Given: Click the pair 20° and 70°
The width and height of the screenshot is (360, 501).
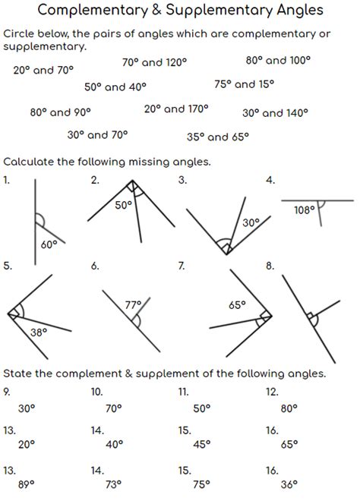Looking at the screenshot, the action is (43, 70).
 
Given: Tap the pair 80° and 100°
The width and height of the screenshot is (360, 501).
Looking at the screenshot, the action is (279, 60).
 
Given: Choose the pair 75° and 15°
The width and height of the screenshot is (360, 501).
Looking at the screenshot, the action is (245, 84).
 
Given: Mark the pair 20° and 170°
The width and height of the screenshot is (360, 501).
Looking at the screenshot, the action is (176, 109).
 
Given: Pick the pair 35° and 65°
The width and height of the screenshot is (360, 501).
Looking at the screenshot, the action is (218, 137).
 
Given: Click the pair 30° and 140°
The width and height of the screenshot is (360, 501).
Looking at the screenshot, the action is (275, 113).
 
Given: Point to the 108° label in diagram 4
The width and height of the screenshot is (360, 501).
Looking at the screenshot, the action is (305, 210).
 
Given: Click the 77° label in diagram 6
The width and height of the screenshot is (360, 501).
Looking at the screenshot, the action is (134, 304).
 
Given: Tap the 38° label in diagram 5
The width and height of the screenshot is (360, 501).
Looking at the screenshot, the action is (39, 332).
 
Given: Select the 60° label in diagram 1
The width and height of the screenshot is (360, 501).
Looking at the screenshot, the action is (49, 244).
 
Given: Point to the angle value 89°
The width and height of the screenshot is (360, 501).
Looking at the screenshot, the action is (27, 484).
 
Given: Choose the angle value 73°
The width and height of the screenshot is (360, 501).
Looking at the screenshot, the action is (114, 484).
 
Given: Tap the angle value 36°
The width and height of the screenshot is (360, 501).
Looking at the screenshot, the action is (289, 484).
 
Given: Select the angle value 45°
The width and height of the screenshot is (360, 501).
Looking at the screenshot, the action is (201, 446).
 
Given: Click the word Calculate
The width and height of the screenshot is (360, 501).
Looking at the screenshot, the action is (31, 162).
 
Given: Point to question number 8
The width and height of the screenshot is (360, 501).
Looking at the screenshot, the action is (270, 266).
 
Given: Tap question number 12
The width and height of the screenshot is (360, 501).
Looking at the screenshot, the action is (272, 392).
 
